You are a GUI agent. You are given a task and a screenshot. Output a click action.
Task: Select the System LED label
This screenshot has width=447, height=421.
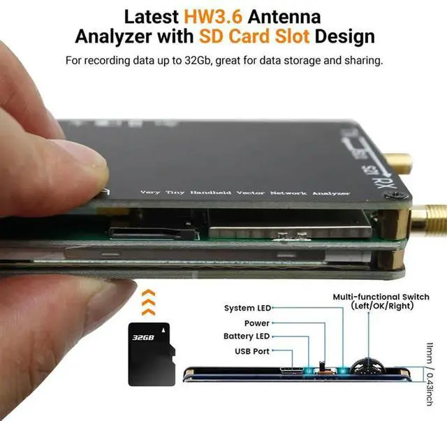click(x=247, y=308)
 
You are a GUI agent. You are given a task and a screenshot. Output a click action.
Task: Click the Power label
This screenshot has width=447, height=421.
click(x=257, y=323)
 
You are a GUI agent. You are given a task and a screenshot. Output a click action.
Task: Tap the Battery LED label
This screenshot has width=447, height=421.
click(x=247, y=337)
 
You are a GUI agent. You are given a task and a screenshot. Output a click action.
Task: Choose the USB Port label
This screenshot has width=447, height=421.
click(x=252, y=351)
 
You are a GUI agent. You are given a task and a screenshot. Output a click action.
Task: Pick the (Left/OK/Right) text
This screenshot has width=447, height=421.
click(x=383, y=306)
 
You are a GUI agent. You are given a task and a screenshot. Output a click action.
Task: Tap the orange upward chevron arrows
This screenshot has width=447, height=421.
click(x=147, y=301)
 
